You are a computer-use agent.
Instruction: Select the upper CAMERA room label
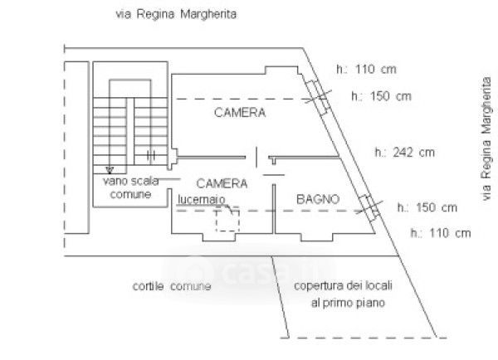(x=239, y=113)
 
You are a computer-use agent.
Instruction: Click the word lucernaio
(x=200, y=199)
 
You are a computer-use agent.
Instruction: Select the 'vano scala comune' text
(x=127, y=187)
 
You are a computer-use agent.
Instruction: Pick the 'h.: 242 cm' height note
(x=404, y=152)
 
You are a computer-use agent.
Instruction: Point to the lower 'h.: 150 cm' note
(x=427, y=207)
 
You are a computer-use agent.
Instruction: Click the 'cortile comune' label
(x=171, y=287)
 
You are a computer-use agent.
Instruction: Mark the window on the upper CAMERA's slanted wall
(x=316, y=95)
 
